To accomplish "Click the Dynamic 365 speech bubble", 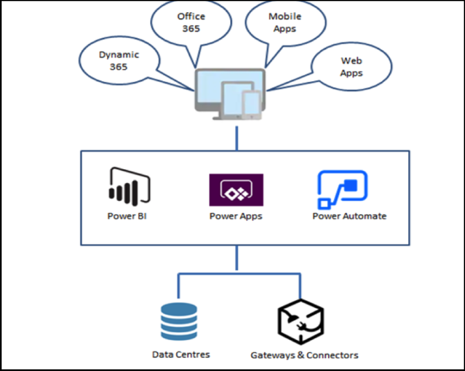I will (x=119, y=61).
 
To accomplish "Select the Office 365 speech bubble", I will (x=191, y=22).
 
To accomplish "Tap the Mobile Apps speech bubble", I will (x=284, y=23).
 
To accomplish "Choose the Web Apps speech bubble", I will (x=351, y=67).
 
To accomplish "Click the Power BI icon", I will (x=128, y=185).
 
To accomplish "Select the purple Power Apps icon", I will (x=236, y=190).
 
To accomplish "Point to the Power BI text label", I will (x=127, y=216).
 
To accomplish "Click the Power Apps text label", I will (x=236, y=216).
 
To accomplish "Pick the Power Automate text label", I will (x=349, y=216).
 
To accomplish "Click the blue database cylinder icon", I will (x=179, y=321).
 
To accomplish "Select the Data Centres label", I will (x=181, y=354).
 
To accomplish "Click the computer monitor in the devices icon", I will (x=212, y=85).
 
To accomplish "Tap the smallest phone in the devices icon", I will (x=251, y=102).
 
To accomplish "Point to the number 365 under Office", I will (x=191, y=28).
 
